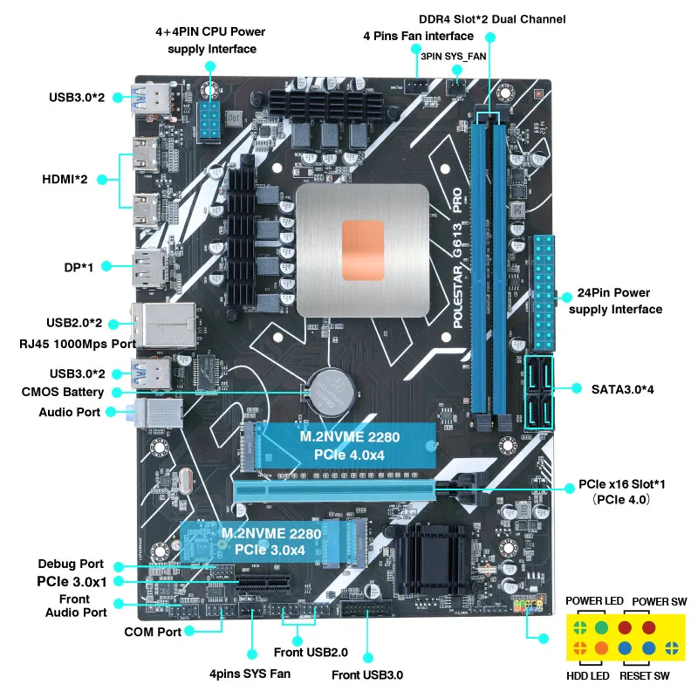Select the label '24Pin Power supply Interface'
[x=614, y=301]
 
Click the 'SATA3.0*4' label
[x=622, y=388]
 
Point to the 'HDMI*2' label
[x=65, y=179]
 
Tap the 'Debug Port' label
[x=71, y=564]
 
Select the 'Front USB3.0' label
[x=367, y=674]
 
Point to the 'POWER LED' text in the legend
[x=594, y=601]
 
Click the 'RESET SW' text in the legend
[x=644, y=676]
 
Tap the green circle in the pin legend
[x=601, y=627]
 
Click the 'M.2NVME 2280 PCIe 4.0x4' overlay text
[x=342, y=445]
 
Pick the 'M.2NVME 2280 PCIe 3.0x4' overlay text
[x=263, y=541]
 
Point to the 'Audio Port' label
[x=71, y=412]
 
